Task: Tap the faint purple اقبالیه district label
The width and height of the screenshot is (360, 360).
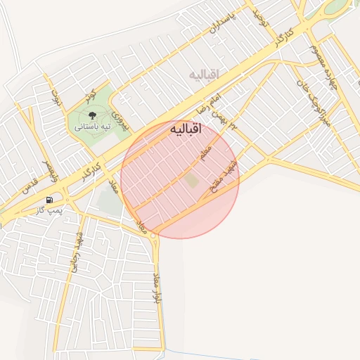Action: point(205,74)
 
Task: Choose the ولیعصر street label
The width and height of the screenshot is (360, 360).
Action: point(49,169)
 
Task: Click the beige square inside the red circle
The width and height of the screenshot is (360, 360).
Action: point(191,181)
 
